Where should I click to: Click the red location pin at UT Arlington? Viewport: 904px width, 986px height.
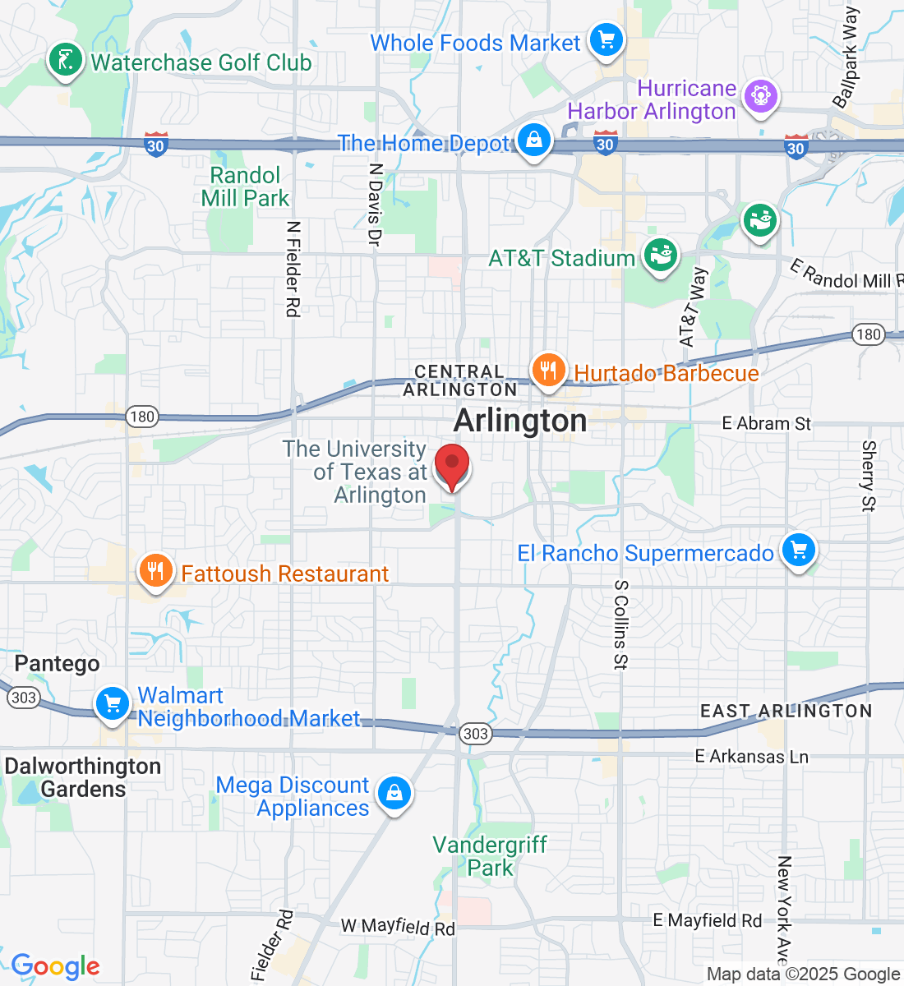451,466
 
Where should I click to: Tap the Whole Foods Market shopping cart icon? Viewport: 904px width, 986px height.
607,39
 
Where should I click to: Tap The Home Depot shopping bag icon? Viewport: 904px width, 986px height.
534,141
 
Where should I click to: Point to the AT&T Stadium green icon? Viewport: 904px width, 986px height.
660,256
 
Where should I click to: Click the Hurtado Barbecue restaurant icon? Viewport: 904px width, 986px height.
548,371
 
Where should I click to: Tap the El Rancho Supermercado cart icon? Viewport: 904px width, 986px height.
798,551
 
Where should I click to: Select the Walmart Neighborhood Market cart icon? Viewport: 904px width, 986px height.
113,704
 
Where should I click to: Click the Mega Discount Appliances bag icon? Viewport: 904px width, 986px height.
394,794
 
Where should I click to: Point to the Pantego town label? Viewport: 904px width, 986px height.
57,663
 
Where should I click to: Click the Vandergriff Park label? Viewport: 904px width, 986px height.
490,856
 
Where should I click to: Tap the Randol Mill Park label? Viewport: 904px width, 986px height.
245,187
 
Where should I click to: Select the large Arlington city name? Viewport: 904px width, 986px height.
520,421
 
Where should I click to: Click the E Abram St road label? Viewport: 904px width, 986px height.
766,423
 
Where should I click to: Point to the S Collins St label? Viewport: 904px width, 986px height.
621,624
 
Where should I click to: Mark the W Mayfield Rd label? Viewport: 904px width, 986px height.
398,927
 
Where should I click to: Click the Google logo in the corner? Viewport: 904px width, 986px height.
55,966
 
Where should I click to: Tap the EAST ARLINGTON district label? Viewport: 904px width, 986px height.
786,711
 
